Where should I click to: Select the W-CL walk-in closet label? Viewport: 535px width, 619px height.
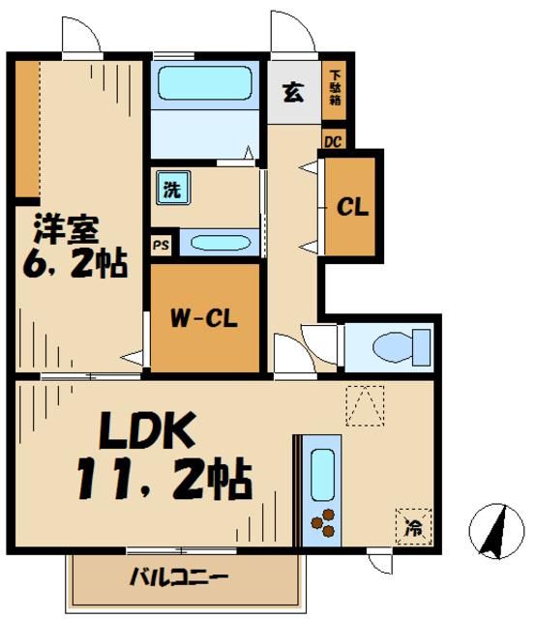tap(205, 317)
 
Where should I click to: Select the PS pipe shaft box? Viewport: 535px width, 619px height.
tap(161, 245)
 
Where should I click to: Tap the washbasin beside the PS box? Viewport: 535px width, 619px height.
tap(220, 243)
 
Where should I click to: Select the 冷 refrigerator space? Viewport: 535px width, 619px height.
tap(413, 526)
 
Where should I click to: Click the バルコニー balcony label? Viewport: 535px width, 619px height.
tap(179, 579)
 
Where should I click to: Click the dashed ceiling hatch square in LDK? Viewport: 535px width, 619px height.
tap(365, 406)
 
